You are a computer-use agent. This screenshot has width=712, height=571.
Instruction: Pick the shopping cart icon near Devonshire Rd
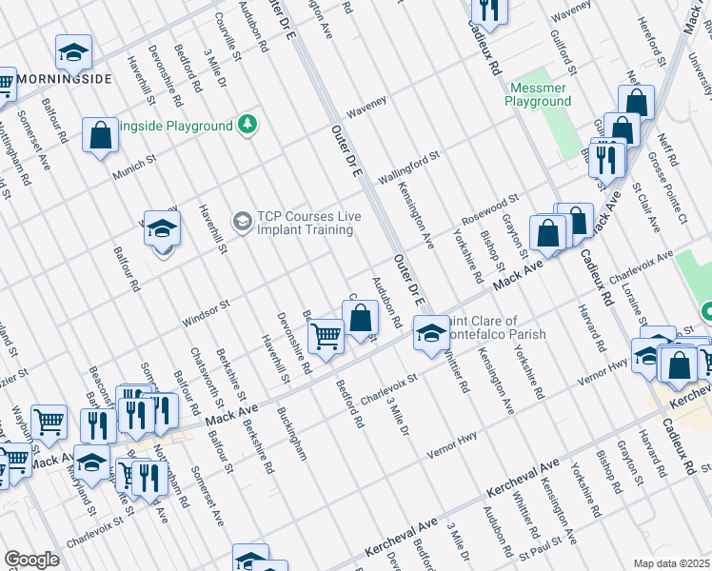tap(326, 337)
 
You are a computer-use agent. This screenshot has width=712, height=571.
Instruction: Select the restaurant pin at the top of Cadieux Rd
tap(489, 9)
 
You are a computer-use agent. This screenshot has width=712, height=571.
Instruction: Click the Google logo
tap(31, 560)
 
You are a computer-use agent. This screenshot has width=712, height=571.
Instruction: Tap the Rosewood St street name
tap(489, 210)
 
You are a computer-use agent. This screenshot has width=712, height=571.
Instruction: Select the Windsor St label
tap(207, 312)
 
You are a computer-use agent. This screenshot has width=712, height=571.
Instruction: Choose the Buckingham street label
tap(291, 434)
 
